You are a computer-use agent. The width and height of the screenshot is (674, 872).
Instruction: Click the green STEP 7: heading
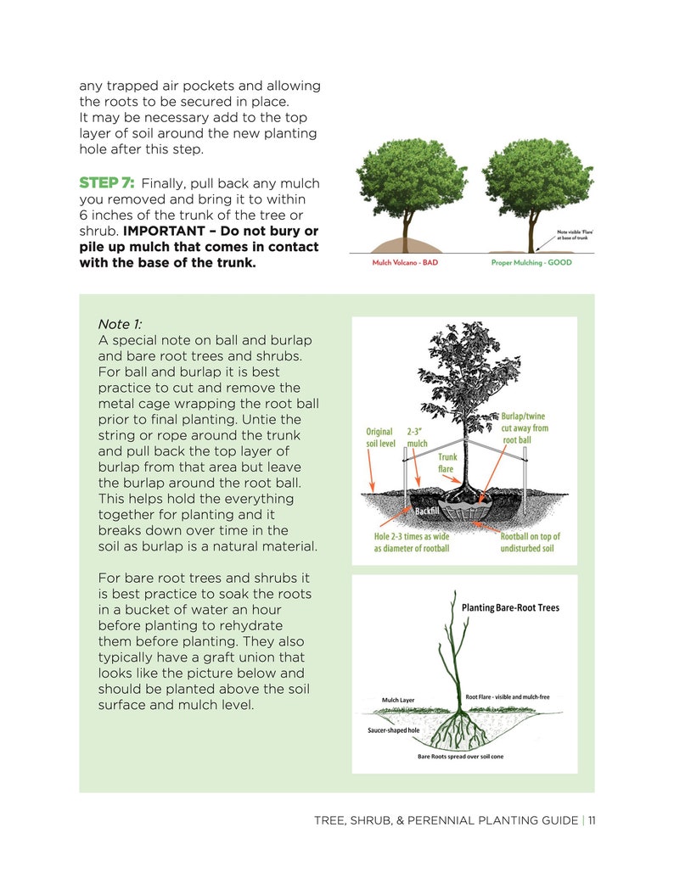click(107, 183)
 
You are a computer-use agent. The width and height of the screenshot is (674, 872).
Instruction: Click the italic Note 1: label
click(121, 324)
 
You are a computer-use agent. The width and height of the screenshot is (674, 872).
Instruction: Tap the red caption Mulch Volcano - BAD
click(405, 263)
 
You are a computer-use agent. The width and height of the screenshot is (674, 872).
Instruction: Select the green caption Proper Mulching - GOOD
click(531, 263)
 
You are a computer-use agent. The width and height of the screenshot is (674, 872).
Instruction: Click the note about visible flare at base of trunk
click(574, 234)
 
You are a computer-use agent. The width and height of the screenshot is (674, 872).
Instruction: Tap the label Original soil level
click(380, 437)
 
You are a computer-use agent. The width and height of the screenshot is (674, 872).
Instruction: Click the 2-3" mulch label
click(418, 437)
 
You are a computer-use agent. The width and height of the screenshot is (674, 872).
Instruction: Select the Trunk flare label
click(447, 462)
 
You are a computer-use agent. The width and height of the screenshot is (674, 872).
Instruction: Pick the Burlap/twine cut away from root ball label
click(525, 428)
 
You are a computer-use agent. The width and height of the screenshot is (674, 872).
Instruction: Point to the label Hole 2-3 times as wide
click(412, 542)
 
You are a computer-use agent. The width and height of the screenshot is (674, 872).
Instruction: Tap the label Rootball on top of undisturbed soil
click(530, 542)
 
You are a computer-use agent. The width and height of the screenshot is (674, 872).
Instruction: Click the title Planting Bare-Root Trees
click(510, 608)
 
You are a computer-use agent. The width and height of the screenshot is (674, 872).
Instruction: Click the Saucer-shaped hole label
click(393, 729)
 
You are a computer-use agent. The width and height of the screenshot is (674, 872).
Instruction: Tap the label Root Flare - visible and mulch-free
click(507, 696)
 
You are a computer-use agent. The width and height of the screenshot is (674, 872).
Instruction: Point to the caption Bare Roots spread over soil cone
click(460, 756)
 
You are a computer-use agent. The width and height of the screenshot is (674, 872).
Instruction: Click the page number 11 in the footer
click(591, 820)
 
